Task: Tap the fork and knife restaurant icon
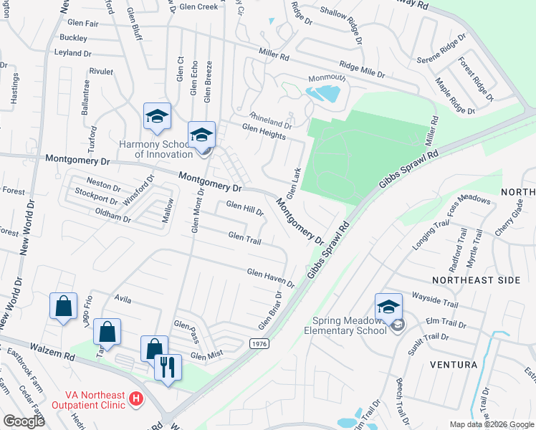pos(168,368)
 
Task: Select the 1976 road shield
pos(259,345)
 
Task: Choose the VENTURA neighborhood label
pos(454,365)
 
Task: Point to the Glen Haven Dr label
pos(271,277)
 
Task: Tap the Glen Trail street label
pos(244,236)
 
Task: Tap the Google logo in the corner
pos(24,421)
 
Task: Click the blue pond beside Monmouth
pos(323,93)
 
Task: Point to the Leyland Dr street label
pos(73,53)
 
